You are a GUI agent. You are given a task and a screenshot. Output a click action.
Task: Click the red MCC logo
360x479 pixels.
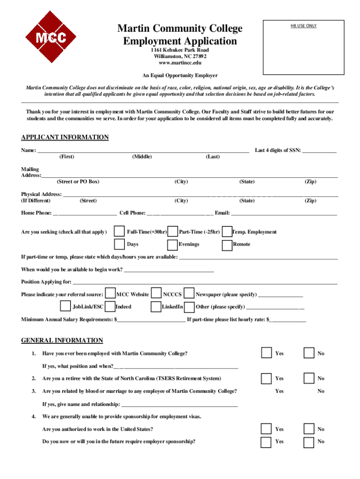pyautogui.click(x=51, y=37)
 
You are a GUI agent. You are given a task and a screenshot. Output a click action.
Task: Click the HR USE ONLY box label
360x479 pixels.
pyautogui.click(x=304, y=26)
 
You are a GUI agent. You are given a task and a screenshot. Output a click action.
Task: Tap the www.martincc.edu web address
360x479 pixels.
pyautogui.click(x=180, y=63)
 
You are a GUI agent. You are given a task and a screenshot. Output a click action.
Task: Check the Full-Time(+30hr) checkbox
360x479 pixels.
pyautogui.click(x=120, y=232)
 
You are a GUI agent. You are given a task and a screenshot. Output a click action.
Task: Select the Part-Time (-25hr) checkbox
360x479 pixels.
pyautogui.click(x=173, y=232)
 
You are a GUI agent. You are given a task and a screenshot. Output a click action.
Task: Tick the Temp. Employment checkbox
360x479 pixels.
pyautogui.click(x=227, y=232)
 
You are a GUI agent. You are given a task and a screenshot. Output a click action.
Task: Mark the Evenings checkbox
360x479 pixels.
pyautogui.click(x=173, y=244)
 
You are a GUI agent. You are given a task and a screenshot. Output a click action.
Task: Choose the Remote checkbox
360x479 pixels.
pyautogui.click(x=227, y=244)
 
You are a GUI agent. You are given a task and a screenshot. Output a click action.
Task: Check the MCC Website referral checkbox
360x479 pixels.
pyautogui.click(x=110, y=294)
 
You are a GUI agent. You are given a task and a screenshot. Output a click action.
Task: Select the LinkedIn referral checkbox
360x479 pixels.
pyautogui.click(x=156, y=306)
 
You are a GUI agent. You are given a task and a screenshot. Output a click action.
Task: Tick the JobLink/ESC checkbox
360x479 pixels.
pyautogui.click(x=65, y=306)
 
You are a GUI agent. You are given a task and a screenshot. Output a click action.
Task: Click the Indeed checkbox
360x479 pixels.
pyautogui.click(x=110, y=306)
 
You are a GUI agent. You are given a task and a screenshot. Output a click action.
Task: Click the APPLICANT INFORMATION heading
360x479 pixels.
pyautogui.click(x=65, y=137)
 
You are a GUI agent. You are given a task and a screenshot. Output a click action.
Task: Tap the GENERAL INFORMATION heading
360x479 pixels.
pyautogui.click(x=62, y=340)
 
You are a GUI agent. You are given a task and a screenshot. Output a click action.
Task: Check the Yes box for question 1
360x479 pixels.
pyautogui.click(x=266, y=353)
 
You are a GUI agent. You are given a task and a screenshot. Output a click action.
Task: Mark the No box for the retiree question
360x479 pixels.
pyautogui.click(x=309, y=378)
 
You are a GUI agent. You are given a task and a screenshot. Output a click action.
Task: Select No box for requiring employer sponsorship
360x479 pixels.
pyautogui.click(x=309, y=442)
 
